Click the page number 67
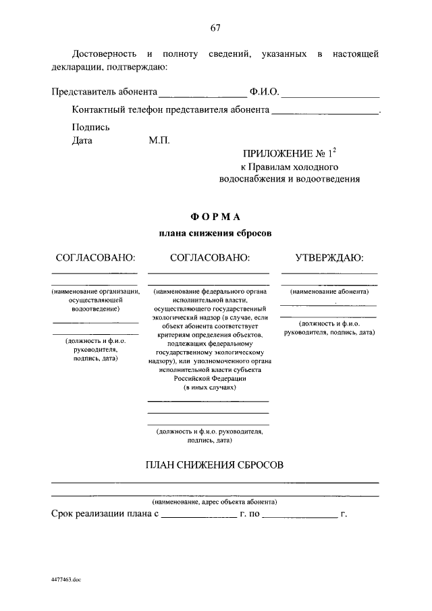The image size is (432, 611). (x=215, y=28)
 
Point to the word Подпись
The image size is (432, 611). (x=90, y=127)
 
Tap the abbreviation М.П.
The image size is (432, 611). (x=160, y=141)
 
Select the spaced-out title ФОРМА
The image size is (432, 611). (x=215, y=216)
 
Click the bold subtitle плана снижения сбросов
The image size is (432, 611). (x=215, y=233)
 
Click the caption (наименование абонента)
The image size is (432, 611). (x=329, y=292)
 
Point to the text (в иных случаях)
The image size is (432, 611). (x=208, y=389)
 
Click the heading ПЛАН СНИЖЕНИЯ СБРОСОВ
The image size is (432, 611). (x=215, y=465)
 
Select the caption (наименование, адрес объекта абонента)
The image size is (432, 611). (x=215, y=502)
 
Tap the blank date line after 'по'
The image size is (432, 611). (x=299, y=516)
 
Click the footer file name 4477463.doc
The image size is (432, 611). (x=65, y=579)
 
